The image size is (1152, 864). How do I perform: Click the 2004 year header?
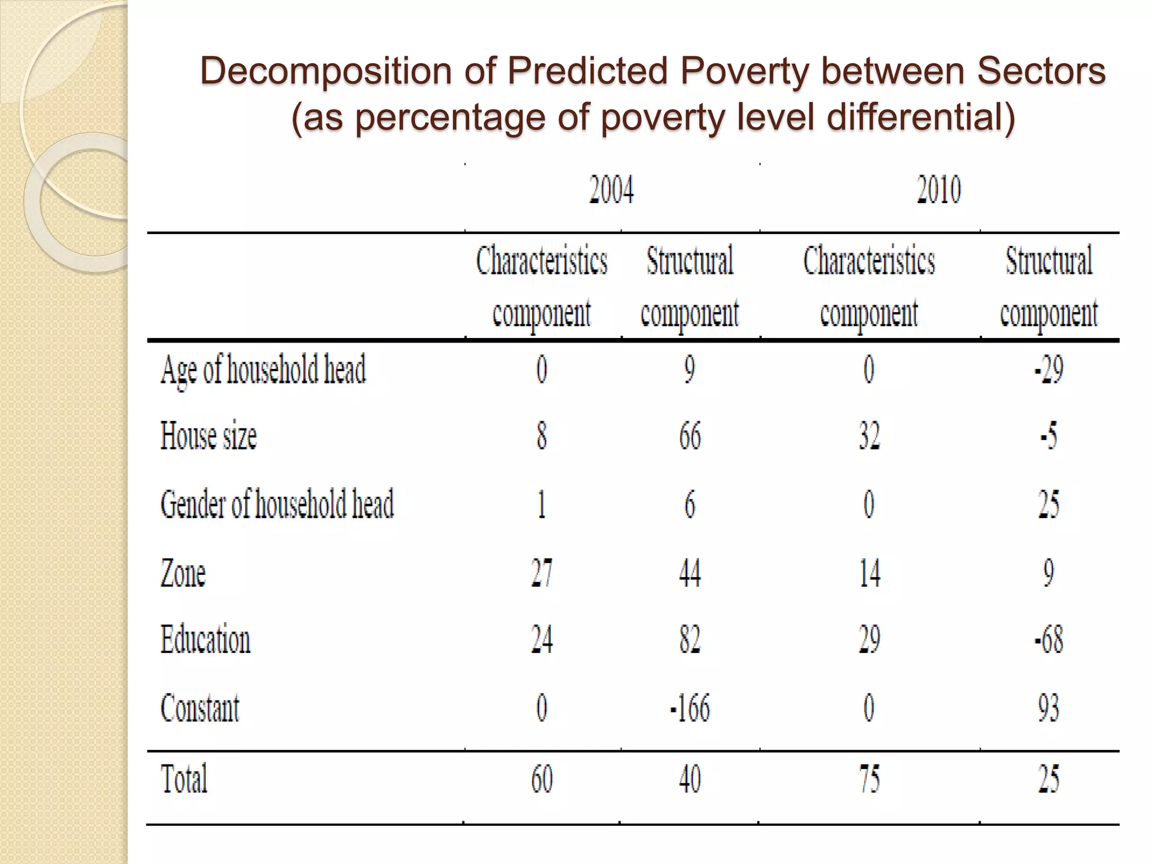[x=611, y=190]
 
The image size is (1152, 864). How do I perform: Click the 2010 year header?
[x=939, y=190]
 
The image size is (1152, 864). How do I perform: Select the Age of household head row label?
[x=263, y=370]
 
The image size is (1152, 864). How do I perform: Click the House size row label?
[x=209, y=436]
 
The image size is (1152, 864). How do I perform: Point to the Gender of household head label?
[x=277, y=504]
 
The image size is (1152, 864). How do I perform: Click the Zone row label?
[x=183, y=573]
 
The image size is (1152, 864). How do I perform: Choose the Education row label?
[x=205, y=640]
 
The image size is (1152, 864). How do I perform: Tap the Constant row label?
[x=200, y=708]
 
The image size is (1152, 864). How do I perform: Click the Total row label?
[x=184, y=779]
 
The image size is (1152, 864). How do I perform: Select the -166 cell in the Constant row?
[x=690, y=708]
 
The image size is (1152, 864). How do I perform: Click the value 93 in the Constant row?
[x=1048, y=708]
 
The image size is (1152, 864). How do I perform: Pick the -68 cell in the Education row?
[x=1048, y=640]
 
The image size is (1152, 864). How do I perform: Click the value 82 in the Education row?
[x=690, y=640]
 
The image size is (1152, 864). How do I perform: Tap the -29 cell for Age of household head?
[x=1048, y=370]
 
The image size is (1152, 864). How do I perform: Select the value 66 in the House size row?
[x=690, y=436]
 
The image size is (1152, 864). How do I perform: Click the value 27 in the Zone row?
[x=542, y=573]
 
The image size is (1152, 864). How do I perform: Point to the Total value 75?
[x=869, y=779]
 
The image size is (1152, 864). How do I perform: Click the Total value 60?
[x=542, y=779]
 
